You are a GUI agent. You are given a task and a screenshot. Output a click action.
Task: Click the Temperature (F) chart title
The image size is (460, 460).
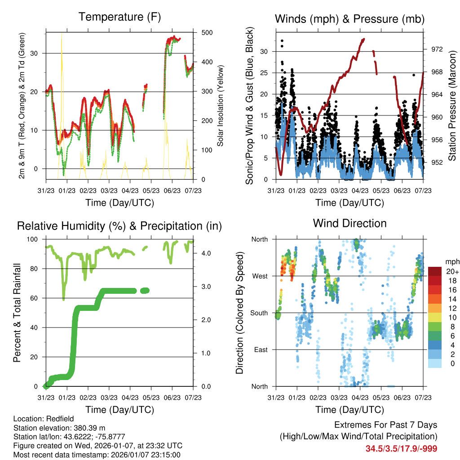click(x=119, y=17)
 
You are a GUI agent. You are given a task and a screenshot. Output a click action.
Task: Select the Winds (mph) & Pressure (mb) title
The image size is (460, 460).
click(x=349, y=19)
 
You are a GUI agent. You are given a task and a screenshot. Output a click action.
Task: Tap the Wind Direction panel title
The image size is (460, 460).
click(x=349, y=223)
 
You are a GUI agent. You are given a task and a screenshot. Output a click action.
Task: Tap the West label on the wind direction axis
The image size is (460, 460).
click(x=260, y=276)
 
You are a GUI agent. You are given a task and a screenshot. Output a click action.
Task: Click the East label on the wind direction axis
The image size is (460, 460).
click(x=260, y=349)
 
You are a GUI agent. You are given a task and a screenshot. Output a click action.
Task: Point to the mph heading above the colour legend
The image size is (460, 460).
click(x=451, y=262)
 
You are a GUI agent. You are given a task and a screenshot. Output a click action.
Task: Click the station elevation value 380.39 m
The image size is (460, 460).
click(x=88, y=428)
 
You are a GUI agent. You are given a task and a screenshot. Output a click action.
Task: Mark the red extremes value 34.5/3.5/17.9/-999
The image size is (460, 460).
click(x=401, y=448)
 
